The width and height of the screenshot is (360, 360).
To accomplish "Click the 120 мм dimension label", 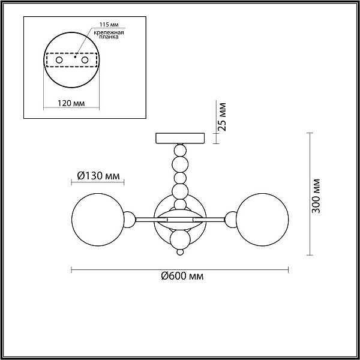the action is pyautogui.click(x=71, y=103).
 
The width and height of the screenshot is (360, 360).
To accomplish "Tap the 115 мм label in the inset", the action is pyautogui.click(x=109, y=25).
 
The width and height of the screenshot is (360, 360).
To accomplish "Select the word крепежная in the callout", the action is pyautogui.click(x=109, y=32).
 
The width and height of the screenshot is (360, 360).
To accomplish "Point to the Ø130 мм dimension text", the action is pyautogui.click(x=98, y=176).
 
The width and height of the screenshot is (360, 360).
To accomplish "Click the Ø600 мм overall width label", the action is pyautogui.click(x=182, y=276).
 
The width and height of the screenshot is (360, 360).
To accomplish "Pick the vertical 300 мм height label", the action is pyautogui.click(x=316, y=196).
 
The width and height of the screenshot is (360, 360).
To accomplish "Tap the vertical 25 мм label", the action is pyautogui.click(x=222, y=117).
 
